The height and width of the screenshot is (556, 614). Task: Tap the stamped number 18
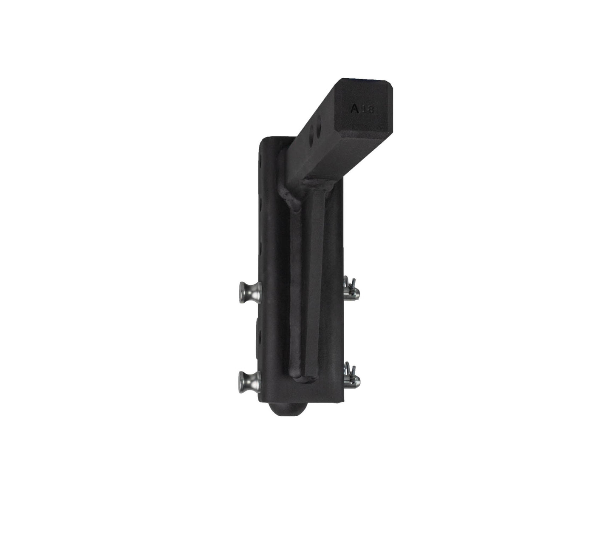click(368, 110)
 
